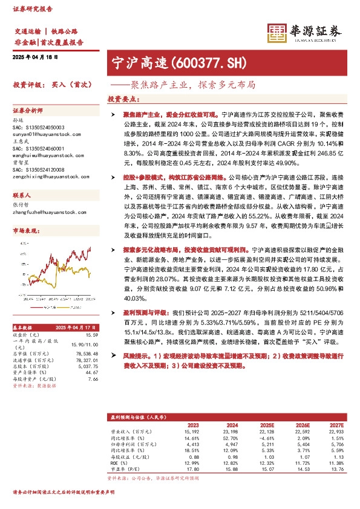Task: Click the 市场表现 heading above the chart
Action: pyautogui.click(x=24, y=232)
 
